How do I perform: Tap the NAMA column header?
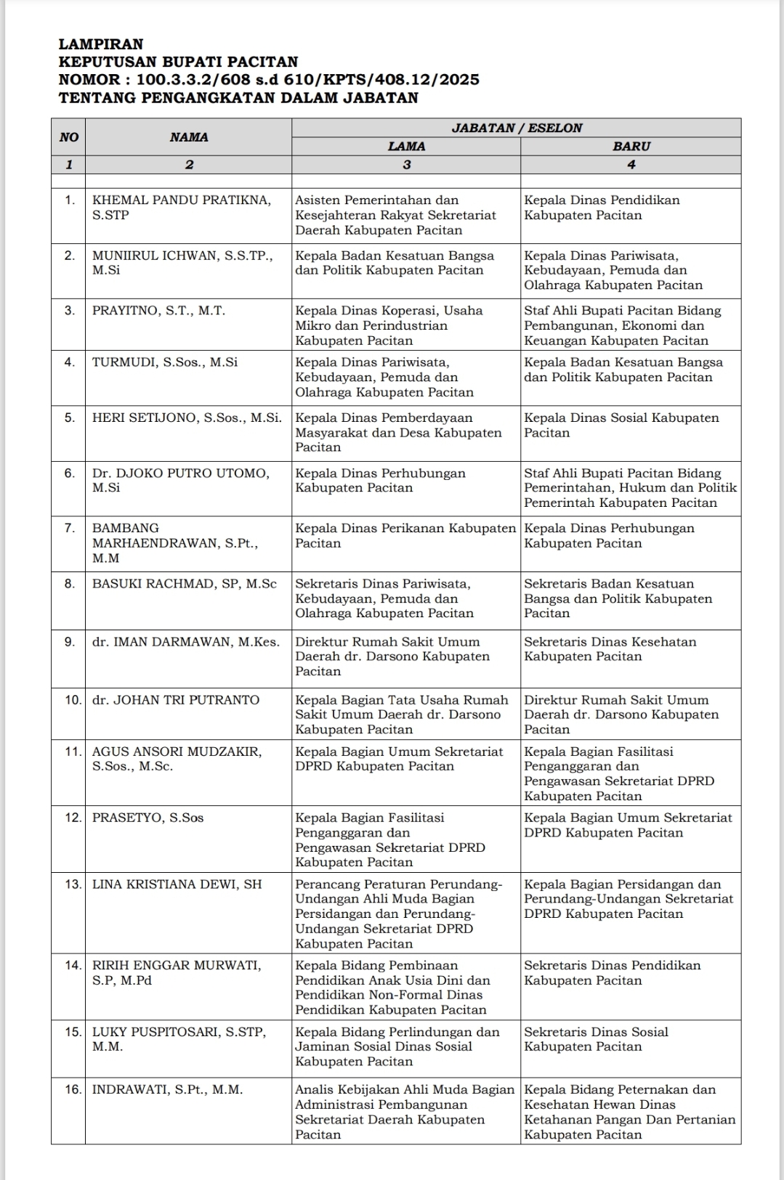coord(189,137)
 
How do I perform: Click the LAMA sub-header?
coord(406,146)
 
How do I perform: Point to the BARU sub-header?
coord(631,146)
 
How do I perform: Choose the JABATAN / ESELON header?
coord(517,128)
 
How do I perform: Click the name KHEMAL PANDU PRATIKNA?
coord(181,200)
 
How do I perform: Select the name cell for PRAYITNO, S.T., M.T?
coord(158,311)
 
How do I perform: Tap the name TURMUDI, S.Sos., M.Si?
coord(164,362)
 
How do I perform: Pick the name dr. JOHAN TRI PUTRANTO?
coord(175,700)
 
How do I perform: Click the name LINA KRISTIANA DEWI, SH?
coord(177,884)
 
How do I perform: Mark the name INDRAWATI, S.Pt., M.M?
coord(167,1089)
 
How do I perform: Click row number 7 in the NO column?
coord(69,529)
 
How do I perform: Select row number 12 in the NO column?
coord(72,818)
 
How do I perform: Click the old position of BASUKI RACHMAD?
coord(384,598)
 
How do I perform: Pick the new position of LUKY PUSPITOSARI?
coord(595,1039)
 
